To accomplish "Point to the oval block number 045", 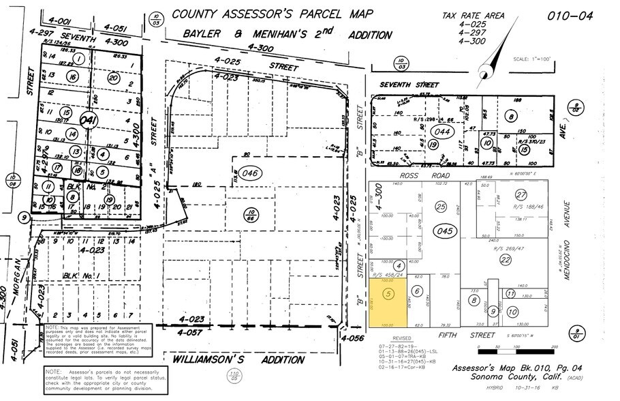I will [x=444, y=231].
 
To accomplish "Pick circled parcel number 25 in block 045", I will [x=441, y=206].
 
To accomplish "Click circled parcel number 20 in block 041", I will [x=113, y=79].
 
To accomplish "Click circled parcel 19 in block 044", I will [x=433, y=144].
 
